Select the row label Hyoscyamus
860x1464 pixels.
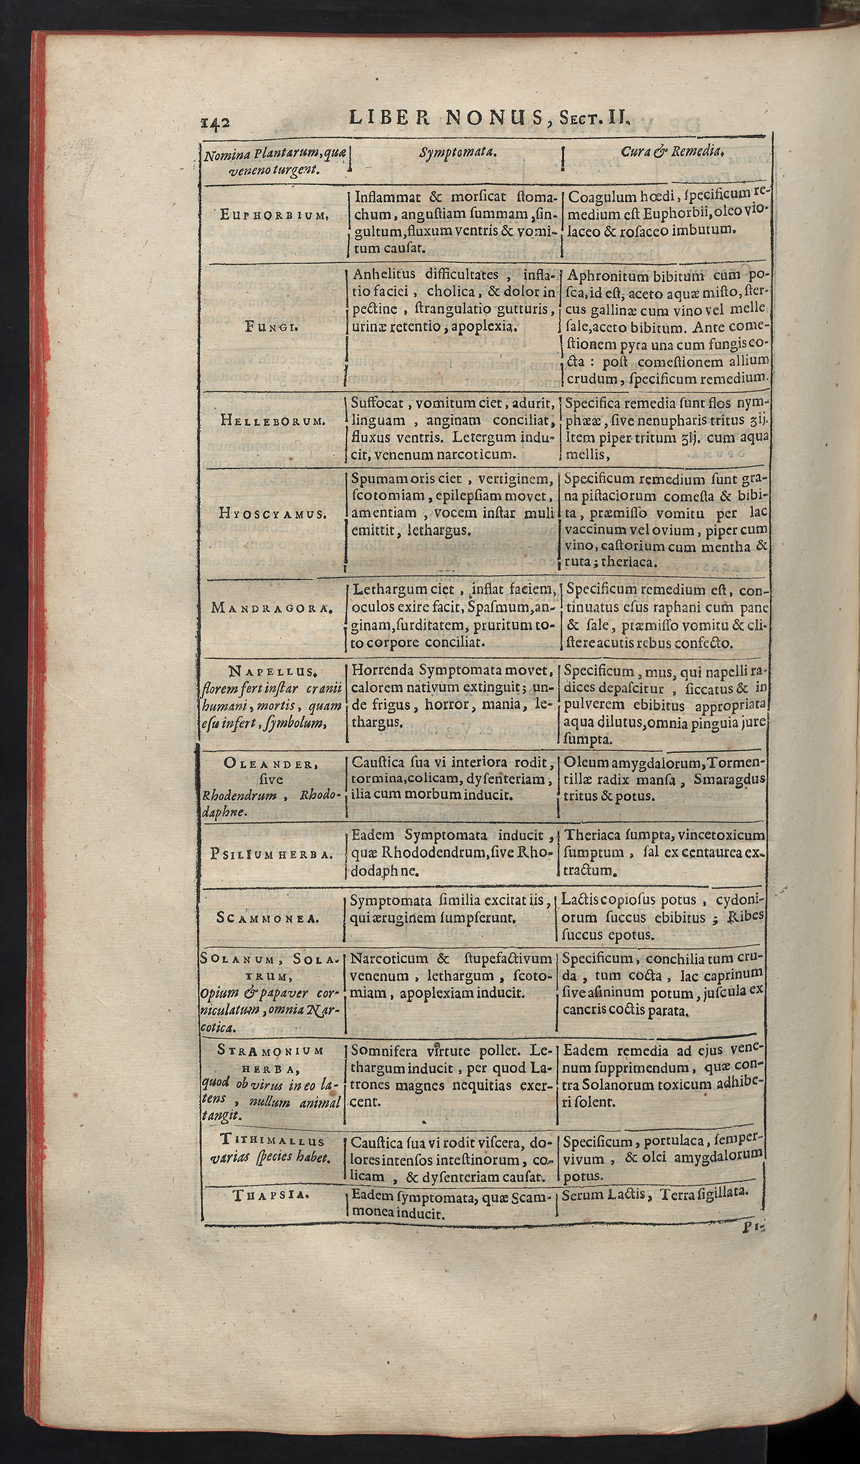click(x=273, y=514)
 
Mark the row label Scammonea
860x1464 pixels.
click(x=268, y=918)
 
